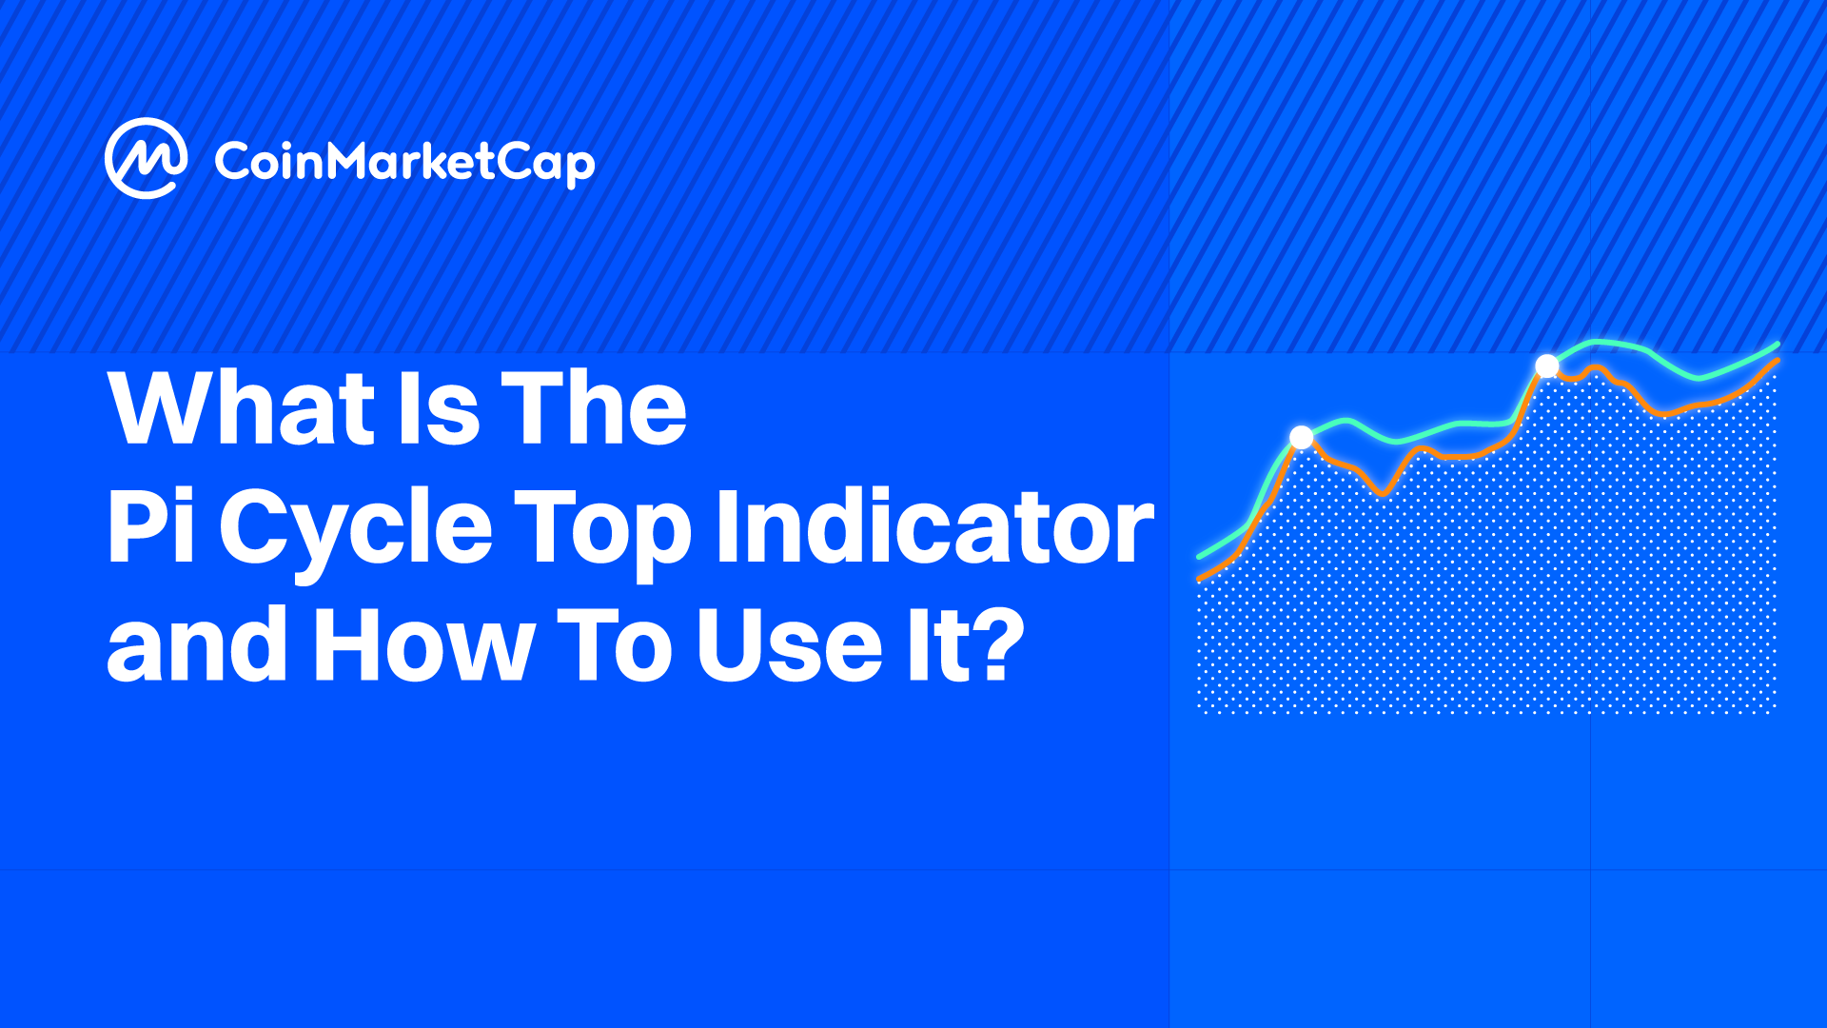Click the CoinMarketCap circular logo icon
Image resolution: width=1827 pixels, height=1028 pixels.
145,158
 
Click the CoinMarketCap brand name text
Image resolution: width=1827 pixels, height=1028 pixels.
404,163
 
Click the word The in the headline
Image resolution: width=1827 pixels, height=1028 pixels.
594,408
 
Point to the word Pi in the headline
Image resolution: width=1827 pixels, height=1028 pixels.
152,524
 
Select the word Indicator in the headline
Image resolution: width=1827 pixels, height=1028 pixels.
934,524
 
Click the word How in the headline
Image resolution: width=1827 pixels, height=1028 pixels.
423,643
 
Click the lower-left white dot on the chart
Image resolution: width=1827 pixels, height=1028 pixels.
1302,438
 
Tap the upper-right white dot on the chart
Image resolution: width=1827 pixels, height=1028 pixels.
1547,366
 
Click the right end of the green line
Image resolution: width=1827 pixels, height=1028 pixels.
1778,345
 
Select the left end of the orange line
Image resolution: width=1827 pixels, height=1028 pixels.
1200,578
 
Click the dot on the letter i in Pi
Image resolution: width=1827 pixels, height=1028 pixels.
185,495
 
